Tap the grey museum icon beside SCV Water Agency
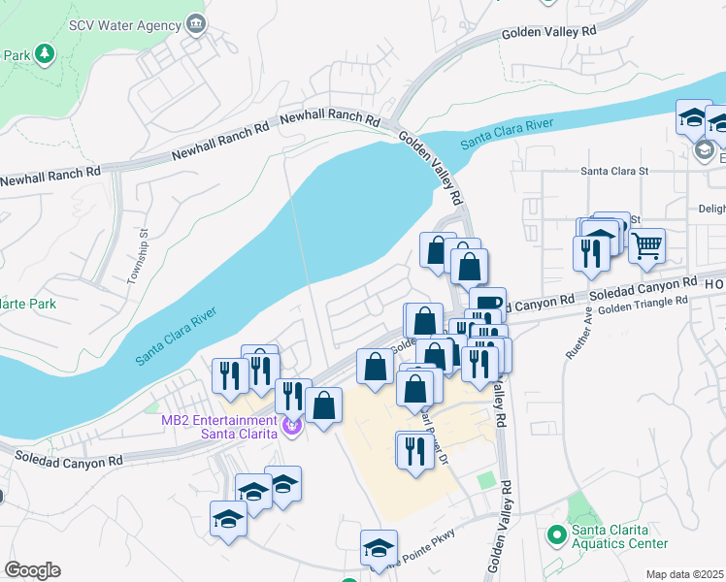pos(197,22)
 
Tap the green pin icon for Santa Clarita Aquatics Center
pos(556,534)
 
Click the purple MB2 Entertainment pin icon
pos(289,424)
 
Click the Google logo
pos(31,570)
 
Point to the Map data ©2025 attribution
pos(684,574)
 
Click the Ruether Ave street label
pos(575,335)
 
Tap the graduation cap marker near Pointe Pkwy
pos(379,548)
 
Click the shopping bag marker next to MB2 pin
pos(325,404)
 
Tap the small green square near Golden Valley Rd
pos(486,482)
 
